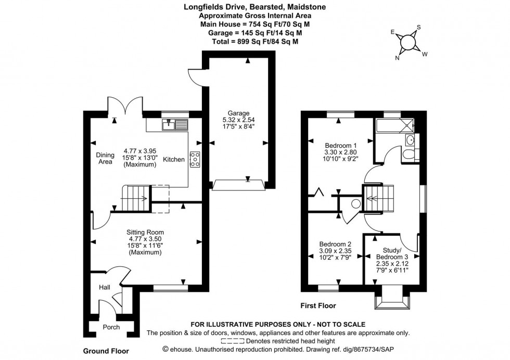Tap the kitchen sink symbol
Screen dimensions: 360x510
coord(174,125)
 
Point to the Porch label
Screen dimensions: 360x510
coord(111,327)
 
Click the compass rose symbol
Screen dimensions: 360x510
coord(409,42)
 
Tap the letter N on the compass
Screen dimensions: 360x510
coord(398,58)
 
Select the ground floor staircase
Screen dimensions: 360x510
coord(134,198)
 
